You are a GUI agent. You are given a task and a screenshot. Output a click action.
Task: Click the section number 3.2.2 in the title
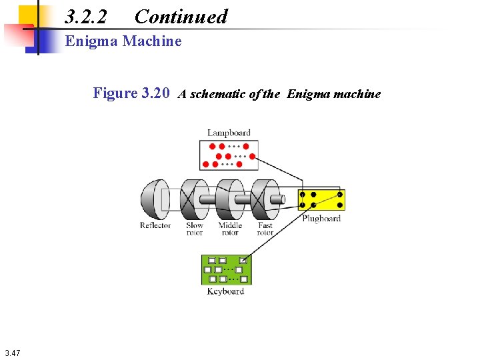point(87,17)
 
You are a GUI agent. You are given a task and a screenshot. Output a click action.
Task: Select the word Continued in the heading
point(181,17)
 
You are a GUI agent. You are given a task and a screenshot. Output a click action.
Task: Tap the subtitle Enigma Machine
point(123,41)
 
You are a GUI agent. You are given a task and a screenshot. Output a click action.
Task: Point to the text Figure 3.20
point(132,93)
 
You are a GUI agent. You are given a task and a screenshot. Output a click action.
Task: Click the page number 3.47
point(12,353)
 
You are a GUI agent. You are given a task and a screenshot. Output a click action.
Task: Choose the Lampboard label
point(228,133)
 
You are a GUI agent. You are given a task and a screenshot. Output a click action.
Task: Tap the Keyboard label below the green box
point(225,291)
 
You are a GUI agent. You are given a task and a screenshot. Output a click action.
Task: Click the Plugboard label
point(321,219)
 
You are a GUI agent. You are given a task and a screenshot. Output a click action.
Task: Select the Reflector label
point(155,225)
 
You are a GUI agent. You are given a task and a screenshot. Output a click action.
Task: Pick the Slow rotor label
point(194,229)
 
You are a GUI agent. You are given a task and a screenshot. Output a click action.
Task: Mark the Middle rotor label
point(230,229)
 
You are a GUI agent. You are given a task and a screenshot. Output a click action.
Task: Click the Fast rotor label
point(265,229)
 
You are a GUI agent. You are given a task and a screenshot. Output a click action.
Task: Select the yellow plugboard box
point(321,200)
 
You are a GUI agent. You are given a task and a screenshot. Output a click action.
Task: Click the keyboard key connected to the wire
point(243,261)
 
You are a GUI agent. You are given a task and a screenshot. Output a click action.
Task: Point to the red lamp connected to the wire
point(247,145)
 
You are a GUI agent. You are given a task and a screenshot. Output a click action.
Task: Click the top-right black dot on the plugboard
point(340,194)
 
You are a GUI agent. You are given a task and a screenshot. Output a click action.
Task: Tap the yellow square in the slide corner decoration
point(29,13)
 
